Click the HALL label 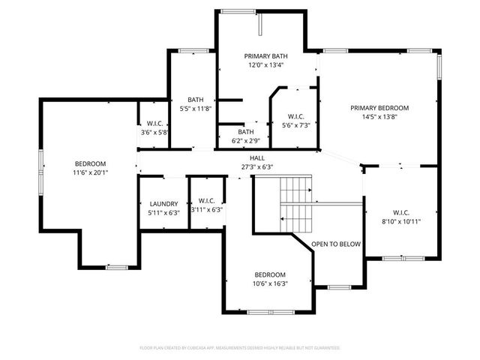(x=257, y=158)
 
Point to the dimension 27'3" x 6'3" (x=257, y=166)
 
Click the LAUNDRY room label (x=163, y=203)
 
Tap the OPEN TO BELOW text (x=336, y=244)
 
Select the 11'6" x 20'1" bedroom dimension (x=90, y=172)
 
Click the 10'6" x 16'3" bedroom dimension (x=269, y=283)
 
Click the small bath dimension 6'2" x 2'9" (x=245, y=140)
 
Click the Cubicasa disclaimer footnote (x=240, y=348)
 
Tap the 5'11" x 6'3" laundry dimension (x=163, y=212)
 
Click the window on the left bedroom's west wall (x=41, y=164)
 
